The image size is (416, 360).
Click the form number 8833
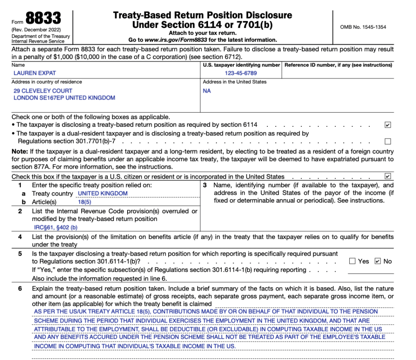coord(43,18)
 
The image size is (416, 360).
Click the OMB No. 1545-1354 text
coord(363,27)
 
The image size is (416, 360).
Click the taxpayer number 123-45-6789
coord(240,74)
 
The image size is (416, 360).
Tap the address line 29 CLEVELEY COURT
coord(43,91)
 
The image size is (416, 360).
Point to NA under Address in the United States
coord(207,91)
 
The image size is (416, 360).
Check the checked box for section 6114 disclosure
coord(388,125)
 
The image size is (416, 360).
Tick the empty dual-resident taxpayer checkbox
coord(388,141)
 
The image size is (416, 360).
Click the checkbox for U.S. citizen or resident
coord(388,176)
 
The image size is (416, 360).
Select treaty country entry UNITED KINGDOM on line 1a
coord(102,193)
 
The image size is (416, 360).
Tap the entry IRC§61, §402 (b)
coord(56,228)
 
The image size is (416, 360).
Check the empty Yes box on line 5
coord(352,261)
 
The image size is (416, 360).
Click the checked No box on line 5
coord(378,261)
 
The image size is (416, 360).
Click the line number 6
coord(20,288)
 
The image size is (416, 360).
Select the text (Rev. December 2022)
coord(36,30)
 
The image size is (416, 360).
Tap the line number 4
coord(20,236)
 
